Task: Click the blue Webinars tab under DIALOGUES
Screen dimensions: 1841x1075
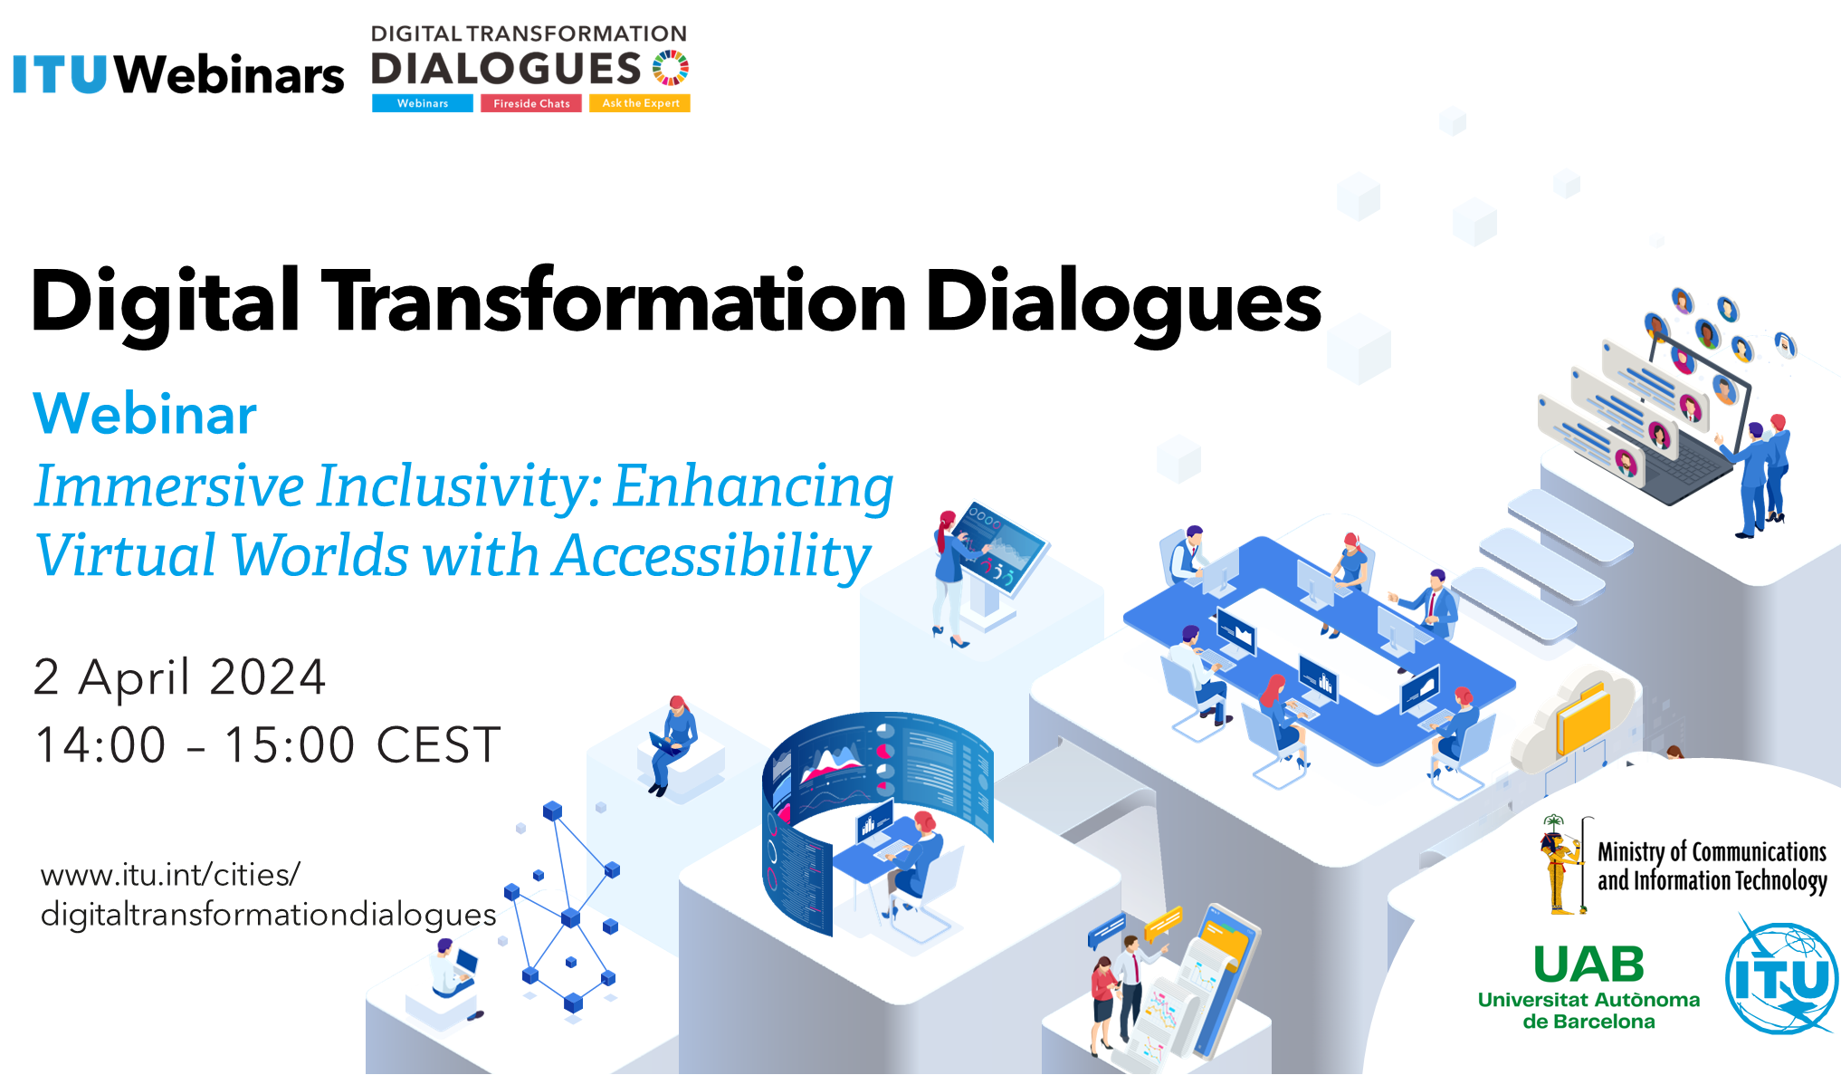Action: (423, 103)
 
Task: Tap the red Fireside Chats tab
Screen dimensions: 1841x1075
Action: (531, 103)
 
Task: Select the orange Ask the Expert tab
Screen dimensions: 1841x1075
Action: (640, 103)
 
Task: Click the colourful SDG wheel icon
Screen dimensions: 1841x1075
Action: (671, 68)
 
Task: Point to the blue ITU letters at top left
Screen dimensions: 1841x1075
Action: (61, 75)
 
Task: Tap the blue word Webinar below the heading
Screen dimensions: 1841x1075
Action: (145, 414)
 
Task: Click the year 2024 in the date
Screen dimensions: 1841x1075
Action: (268, 677)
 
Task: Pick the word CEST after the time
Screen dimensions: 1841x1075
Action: (438, 745)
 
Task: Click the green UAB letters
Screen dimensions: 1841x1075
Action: (1588, 965)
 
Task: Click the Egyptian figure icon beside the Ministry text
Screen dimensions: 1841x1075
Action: (1559, 865)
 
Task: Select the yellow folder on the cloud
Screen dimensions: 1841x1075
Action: (1582, 718)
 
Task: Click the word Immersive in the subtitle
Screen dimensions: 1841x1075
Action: (169, 486)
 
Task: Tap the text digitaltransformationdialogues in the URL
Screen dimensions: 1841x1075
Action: (269, 915)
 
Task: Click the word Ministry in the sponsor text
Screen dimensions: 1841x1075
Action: (1631, 852)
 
